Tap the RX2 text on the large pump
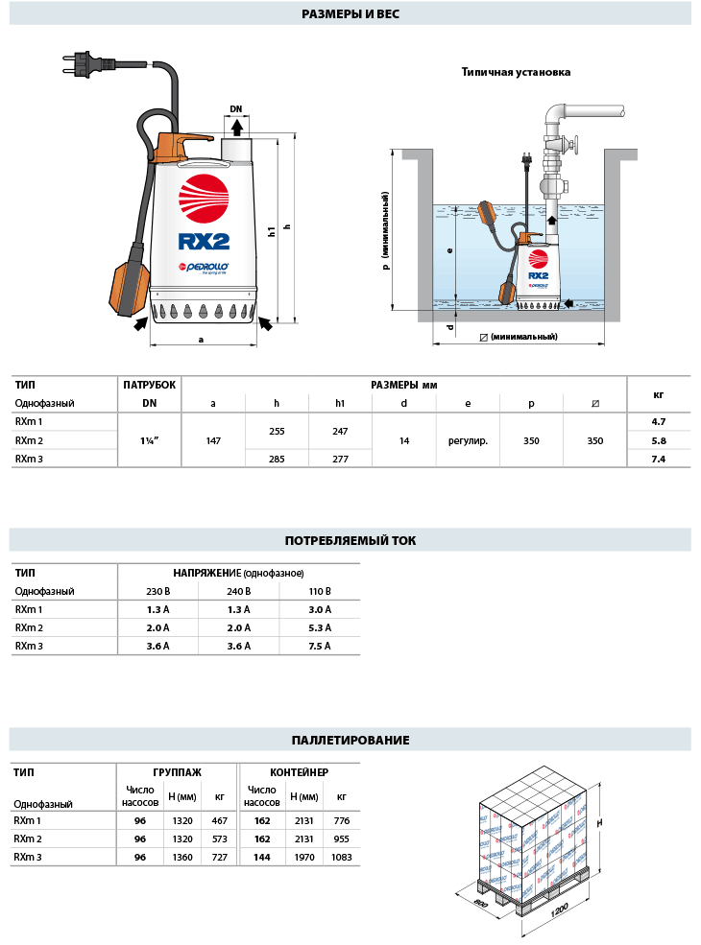coord(204,242)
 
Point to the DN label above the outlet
coord(236,109)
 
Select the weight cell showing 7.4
coord(658,459)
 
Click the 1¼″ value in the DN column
coord(149,440)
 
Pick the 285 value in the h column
coord(277,459)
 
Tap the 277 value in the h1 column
coord(340,459)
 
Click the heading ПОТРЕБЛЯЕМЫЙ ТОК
coord(350,540)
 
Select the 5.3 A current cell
coord(320,627)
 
